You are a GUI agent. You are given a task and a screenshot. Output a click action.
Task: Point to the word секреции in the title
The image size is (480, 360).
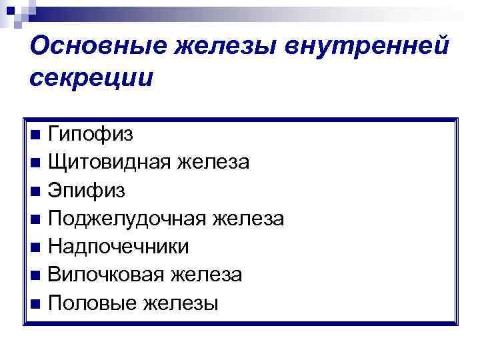click(x=91, y=78)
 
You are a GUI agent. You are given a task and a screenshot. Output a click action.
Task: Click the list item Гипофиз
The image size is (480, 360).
click(x=90, y=134)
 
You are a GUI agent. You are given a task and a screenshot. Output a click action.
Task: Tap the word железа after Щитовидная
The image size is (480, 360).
click(x=215, y=162)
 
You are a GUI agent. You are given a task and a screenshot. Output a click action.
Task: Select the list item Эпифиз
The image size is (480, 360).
click(x=86, y=191)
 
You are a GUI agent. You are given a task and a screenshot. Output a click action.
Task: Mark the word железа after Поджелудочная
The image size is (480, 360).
click(x=248, y=219)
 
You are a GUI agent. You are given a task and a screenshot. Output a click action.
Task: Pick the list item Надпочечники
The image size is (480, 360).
click(x=119, y=247)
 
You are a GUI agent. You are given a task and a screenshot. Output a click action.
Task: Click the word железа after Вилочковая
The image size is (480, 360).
click(x=207, y=275)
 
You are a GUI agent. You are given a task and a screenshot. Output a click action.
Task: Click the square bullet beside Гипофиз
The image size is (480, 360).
click(x=35, y=135)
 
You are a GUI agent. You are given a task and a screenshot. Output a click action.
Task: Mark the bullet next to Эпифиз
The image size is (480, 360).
click(x=35, y=191)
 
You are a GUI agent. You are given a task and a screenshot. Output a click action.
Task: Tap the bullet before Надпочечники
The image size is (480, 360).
click(x=35, y=247)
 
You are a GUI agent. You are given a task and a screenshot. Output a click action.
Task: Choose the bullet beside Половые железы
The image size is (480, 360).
click(x=35, y=304)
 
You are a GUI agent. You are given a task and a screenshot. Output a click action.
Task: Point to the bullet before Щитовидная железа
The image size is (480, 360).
click(x=35, y=163)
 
